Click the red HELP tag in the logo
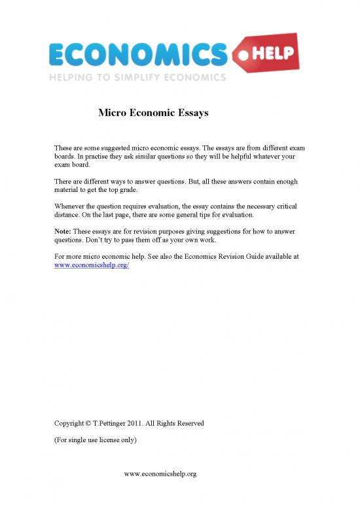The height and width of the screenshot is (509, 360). (272, 52)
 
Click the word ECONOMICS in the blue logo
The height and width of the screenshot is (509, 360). (137, 54)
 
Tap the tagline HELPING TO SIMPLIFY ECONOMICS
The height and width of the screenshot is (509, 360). (137, 77)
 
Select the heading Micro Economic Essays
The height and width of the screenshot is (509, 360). (153, 113)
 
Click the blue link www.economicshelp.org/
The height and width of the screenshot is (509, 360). (92, 266)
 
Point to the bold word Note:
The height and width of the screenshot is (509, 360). (63, 231)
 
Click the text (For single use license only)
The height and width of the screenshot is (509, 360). (95, 440)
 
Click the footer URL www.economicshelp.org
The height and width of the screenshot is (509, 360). (160, 473)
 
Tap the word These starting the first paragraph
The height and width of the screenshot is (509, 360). (63, 148)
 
